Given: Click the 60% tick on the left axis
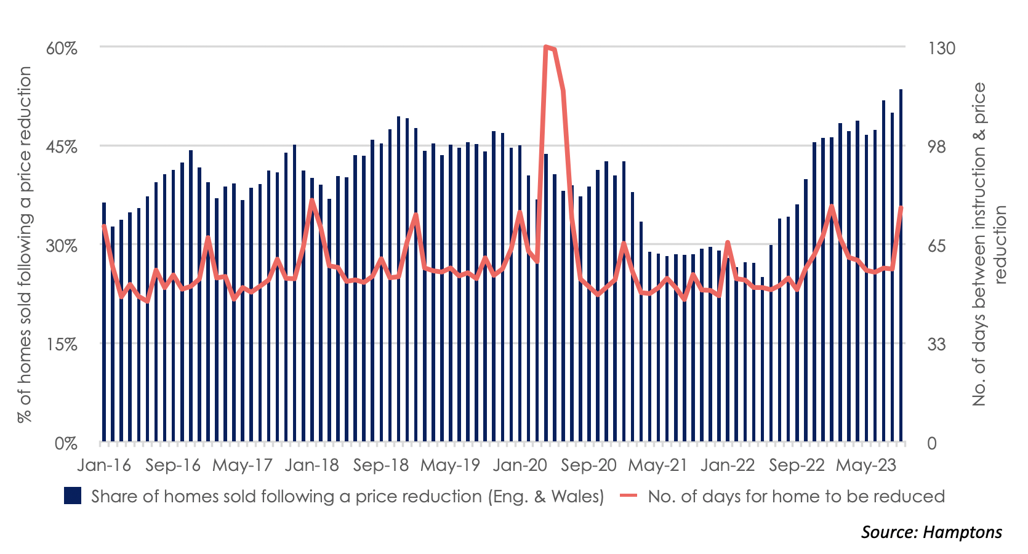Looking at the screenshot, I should (62, 48).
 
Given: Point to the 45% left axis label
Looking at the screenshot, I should (62, 147).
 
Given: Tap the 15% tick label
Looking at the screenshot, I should (62, 344).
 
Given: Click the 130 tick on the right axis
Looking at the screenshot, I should (941, 48).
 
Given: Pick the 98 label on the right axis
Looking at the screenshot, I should (936, 147).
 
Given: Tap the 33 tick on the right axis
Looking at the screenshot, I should (936, 344).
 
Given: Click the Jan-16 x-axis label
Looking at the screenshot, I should (104, 465).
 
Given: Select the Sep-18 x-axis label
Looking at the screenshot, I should (380, 465).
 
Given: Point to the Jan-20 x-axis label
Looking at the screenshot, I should (520, 465).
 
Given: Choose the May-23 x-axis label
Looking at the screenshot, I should (865, 465).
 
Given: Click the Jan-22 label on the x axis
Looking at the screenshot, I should (727, 465).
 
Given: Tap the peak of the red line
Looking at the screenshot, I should (546, 47).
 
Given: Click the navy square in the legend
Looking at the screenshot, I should (73, 496).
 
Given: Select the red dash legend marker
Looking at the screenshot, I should (628, 496).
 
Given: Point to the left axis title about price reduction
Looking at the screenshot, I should (25, 244).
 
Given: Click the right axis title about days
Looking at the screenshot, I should (988, 244).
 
